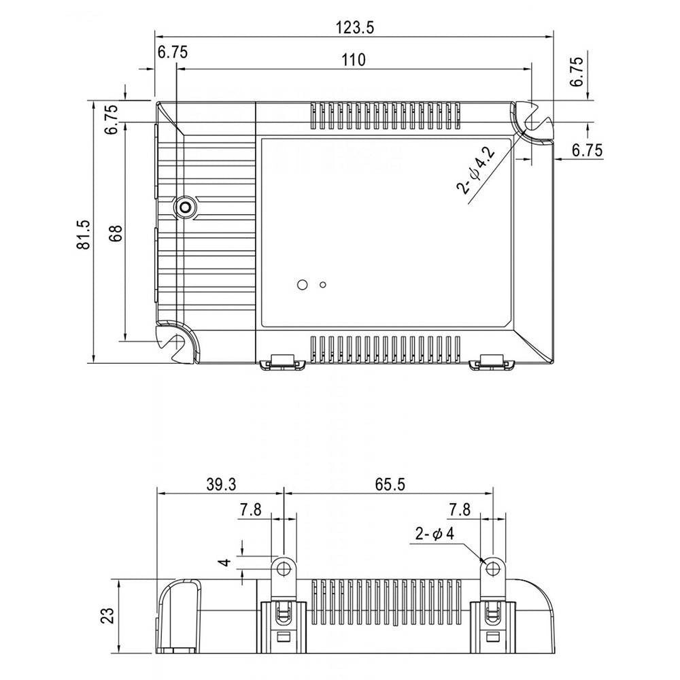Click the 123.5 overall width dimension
354,28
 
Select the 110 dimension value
354,59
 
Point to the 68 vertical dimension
116,233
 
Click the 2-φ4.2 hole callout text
476,169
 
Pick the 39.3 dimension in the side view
221,484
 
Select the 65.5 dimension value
390,484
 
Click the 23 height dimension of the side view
107,615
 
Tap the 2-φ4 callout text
435,533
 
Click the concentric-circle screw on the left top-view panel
186,207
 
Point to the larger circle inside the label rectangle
303,284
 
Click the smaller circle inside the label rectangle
322,284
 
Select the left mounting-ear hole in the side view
284,567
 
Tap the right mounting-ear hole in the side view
492,567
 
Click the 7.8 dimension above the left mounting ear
251,510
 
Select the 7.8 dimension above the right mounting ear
460,509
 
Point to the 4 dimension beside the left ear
225,562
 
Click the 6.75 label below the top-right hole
588,150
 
